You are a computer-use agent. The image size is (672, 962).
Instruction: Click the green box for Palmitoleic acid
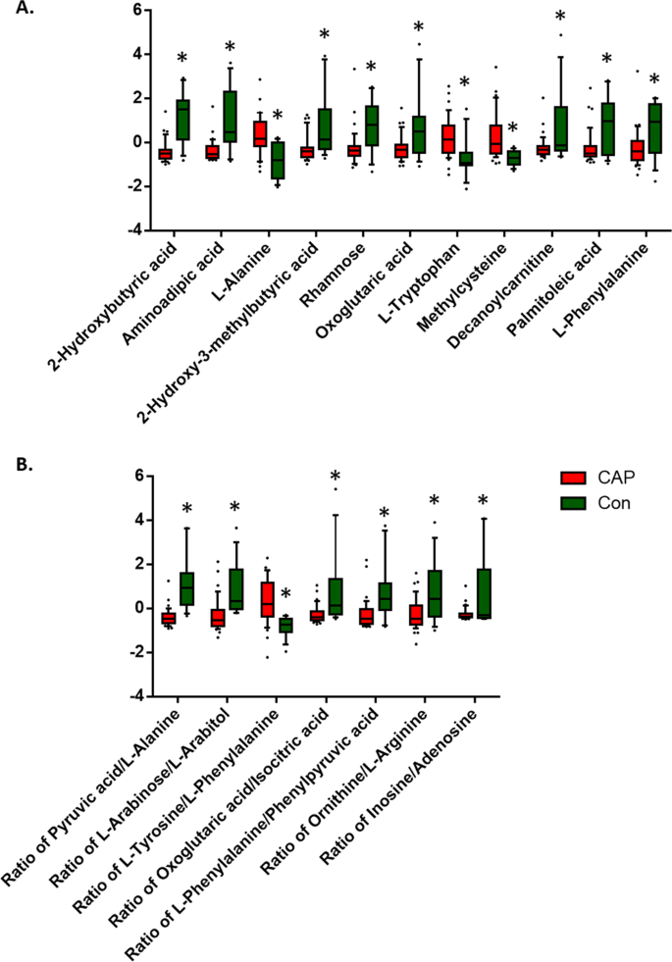click(x=606, y=128)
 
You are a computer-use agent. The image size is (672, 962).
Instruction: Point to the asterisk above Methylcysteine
click(x=512, y=128)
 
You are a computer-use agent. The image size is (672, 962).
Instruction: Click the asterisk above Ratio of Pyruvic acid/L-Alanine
click(x=186, y=509)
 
